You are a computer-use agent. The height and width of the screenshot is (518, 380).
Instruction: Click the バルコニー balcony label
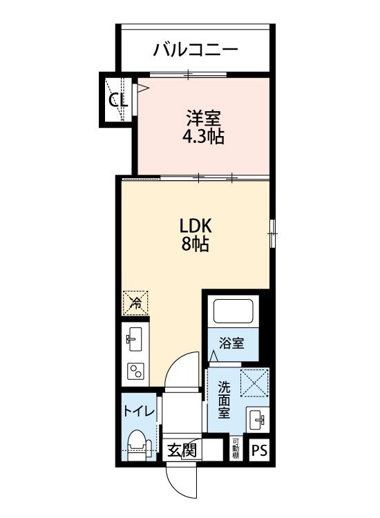pos(196,50)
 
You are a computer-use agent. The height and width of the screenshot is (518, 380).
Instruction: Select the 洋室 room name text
pos(202,117)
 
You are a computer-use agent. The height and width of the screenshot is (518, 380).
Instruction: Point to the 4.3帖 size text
pos(202,136)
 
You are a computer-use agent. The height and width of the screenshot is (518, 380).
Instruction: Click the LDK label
pos(196,226)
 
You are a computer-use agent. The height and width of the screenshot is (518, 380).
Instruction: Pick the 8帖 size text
pos(196,244)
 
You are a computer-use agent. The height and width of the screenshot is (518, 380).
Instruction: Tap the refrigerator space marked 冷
pos(136,302)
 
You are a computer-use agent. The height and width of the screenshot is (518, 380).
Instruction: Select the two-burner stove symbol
pos(133,373)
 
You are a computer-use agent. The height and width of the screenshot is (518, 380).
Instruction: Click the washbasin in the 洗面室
pos(258,419)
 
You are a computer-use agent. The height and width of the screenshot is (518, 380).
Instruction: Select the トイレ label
pos(140,410)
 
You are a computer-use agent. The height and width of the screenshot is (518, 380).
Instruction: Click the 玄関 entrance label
pos(182,450)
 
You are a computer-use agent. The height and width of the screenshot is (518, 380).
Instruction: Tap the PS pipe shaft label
pos(260,450)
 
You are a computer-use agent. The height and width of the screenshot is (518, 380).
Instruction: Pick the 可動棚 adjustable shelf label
pos(235,449)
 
